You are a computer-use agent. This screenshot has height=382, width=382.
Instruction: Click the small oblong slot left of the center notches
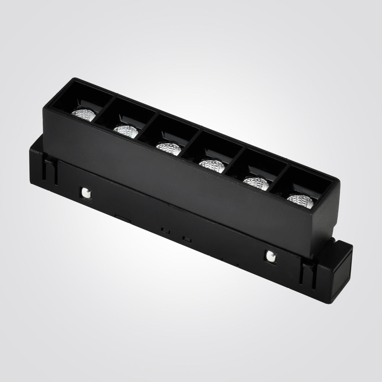[123, 218]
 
